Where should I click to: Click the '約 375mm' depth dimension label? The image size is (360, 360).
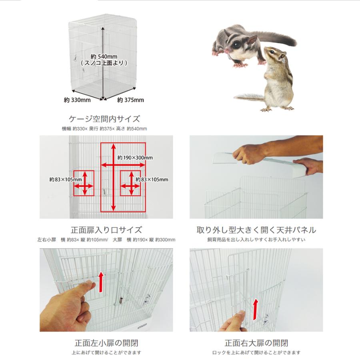tap(130, 100)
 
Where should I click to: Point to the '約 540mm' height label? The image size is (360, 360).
tap(104, 56)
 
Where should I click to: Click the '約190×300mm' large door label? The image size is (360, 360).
tap(135, 158)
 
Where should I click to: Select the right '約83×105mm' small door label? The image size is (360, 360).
tap(152, 179)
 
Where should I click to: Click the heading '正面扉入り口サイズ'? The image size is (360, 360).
tap(106, 230)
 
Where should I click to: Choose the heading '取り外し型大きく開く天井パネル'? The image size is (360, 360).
tap(256, 230)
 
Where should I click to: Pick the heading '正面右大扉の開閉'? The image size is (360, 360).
tap(256, 343)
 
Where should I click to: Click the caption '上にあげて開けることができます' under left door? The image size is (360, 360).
tap(106, 353)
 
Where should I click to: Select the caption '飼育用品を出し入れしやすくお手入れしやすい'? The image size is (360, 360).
tap(256, 240)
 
